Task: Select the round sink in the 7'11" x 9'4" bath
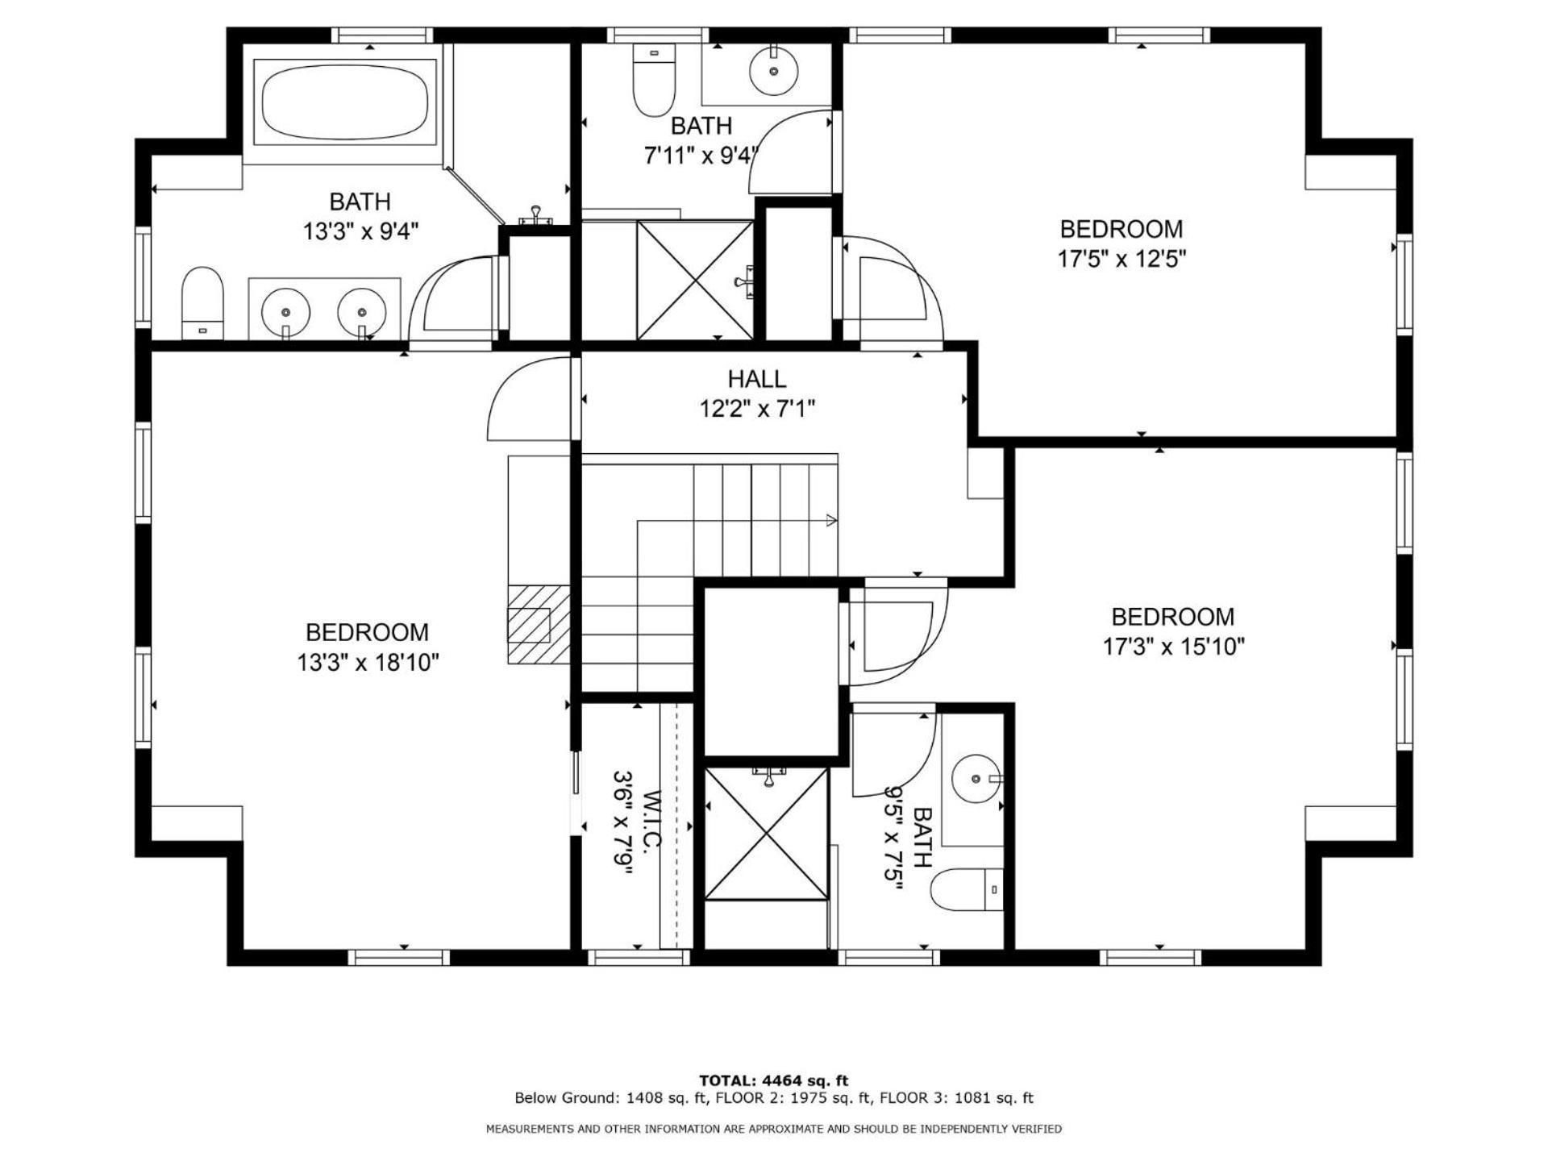pyautogui.click(x=774, y=70)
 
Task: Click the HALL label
pyautogui.click(x=756, y=379)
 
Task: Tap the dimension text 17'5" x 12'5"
pyautogui.click(x=1121, y=259)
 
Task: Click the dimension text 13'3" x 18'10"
pyautogui.click(x=368, y=663)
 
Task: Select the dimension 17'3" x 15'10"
pyautogui.click(x=1173, y=647)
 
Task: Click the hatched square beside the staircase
pyautogui.click(x=539, y=624)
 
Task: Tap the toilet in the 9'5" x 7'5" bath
pyautogui.click(x=967, y=890)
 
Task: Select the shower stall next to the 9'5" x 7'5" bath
pyautogui.click(x=766, y=833)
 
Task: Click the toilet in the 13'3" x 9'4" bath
pyautogui.click(x=202, y=303)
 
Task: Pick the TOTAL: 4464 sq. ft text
pyautogui.click(x=773, y=1080)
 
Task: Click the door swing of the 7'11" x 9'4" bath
pyautogui.click(x=791, y=152)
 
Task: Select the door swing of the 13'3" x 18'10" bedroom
pyautogui.click(x=530, y=398)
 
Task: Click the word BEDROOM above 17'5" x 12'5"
pyautogui.click(x=1121, y=229)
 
